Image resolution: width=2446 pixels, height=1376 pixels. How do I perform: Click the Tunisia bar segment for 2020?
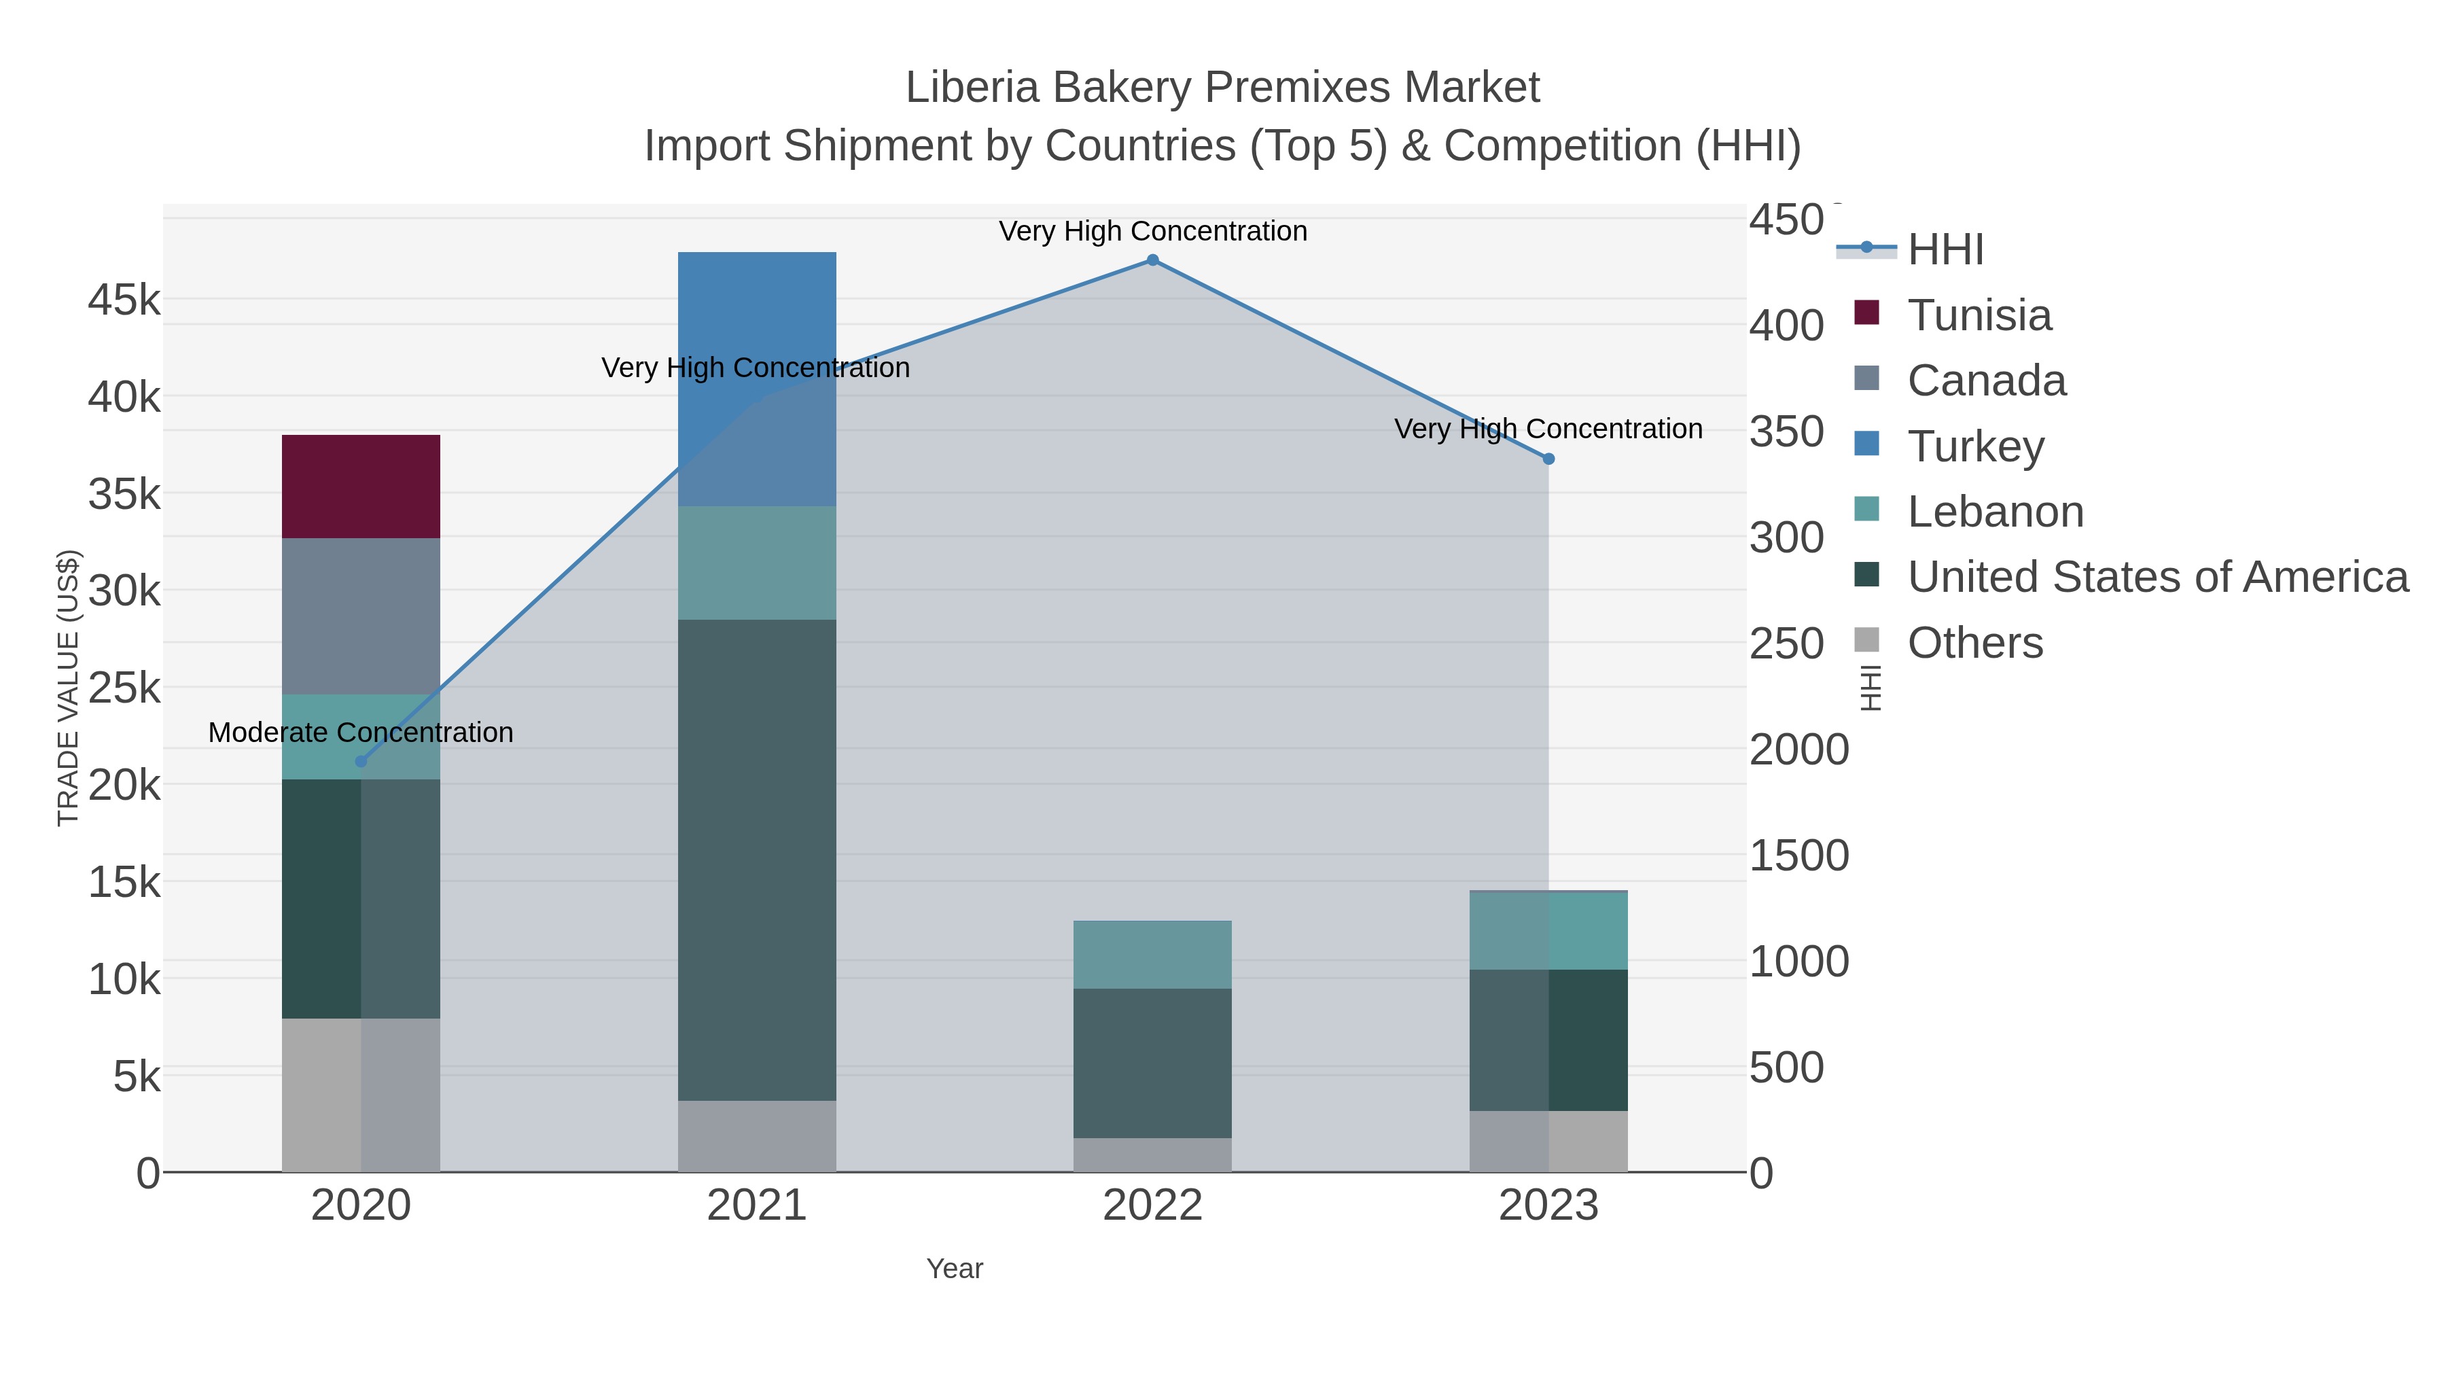(361, 487)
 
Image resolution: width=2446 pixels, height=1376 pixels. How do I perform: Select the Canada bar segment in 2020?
(361, 616)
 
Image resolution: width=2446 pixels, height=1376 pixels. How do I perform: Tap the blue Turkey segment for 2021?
(757, 378)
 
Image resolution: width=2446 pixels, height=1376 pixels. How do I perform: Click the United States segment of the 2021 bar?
(757, 860)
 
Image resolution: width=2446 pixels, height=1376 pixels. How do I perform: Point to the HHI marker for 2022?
(1152, 260)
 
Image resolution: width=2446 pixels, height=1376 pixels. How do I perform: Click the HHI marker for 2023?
(1548, 459)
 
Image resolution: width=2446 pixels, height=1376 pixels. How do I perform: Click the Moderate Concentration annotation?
(361, 732)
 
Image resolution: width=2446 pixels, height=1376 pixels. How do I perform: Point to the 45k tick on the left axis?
(124, 300)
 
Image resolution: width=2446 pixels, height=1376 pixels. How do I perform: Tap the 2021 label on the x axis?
(757, 1205)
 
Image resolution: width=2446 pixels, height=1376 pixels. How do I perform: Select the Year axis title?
(955, 1268)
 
